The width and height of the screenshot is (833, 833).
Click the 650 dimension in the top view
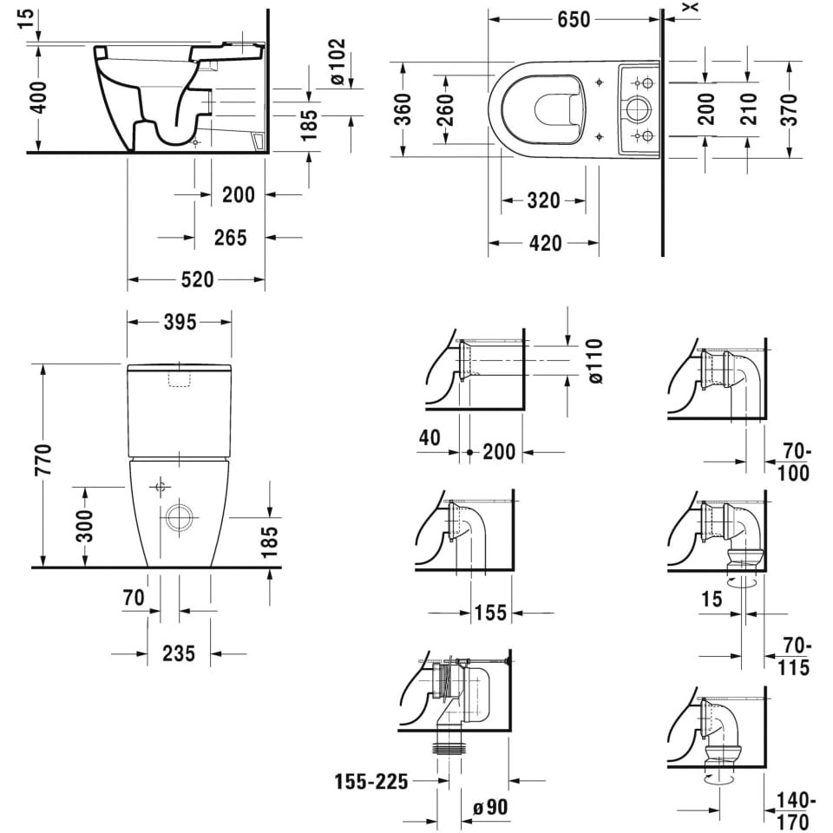(x=574, y=20)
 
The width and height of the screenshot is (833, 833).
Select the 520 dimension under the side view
(x=197, y=279)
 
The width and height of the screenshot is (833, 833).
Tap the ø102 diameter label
(x=338, y=62)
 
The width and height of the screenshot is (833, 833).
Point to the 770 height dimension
(x=43, y=460)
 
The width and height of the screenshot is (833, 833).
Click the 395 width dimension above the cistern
(x=180, y=322)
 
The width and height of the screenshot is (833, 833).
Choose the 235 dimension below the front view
(x=179, y=653)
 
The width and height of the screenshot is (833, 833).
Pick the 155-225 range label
(x=371, y=782)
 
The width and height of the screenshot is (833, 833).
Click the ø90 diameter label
(x=490, y=808)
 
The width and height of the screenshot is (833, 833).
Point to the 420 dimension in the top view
(x=546, y=243)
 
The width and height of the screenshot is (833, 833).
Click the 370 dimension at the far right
(x=790, y=109)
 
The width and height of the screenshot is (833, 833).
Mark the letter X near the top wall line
(x=692, y=7)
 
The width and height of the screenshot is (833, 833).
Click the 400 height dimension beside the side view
(x=39, y=97)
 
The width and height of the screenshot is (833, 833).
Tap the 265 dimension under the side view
(x=231, y=238)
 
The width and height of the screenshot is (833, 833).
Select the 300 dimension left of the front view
(x=84, y=526)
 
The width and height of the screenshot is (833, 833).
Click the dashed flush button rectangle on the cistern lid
(x=180, y=379)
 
